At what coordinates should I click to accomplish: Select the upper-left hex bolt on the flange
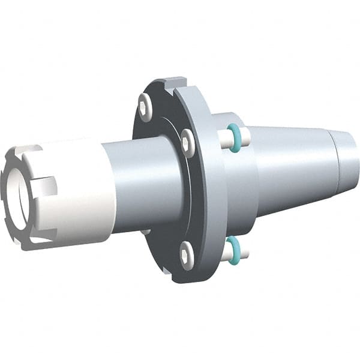[145, 106]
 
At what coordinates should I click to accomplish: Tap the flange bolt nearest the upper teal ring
[188, 144]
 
